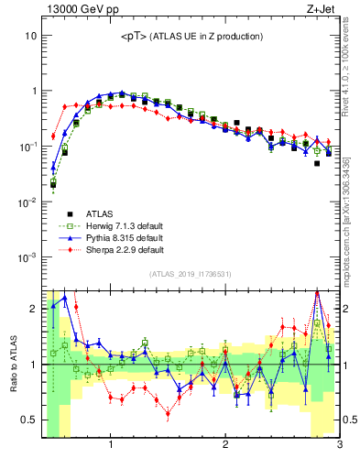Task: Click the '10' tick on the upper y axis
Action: click(30, 36)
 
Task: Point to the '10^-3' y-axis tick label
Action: click(27, 256)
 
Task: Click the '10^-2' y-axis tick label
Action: click(27, 202)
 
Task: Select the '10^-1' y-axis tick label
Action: click(27, 147)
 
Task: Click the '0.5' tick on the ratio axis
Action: click(27, 420)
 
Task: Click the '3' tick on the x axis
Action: click(339, 446)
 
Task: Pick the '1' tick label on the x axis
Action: click(111, 446)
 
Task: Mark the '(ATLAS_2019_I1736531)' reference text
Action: click(191, 274)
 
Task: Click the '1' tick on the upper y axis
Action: click(32, 91)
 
